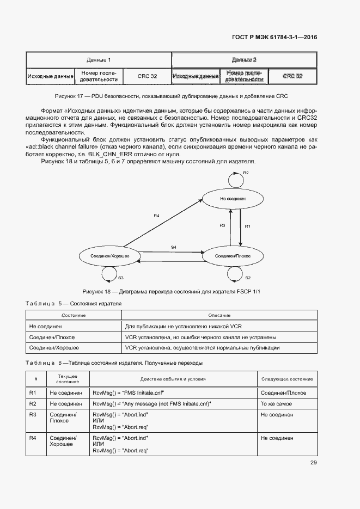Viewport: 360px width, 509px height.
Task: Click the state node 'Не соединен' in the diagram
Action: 230,199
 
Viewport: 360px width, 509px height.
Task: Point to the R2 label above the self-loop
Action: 246,173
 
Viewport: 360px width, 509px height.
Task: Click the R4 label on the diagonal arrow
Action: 156,216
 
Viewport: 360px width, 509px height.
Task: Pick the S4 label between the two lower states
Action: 173,248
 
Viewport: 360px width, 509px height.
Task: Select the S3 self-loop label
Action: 121,278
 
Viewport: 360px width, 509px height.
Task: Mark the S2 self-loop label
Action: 247,278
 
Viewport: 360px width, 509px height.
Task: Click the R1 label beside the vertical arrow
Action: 247,225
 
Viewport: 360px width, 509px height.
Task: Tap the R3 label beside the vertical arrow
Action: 222,225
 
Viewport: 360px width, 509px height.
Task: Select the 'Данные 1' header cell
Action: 99,59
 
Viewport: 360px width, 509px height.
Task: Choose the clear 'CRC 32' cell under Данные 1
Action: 147,76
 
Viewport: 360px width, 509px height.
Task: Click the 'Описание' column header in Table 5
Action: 219,315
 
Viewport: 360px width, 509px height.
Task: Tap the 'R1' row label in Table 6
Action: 32,393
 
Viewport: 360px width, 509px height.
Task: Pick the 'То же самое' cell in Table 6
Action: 276,404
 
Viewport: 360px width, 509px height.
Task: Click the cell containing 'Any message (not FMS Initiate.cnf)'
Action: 152,404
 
